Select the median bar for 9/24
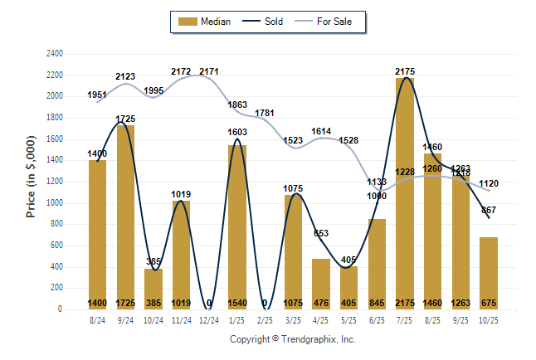126,216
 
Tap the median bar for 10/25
489,273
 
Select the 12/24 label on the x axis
210,319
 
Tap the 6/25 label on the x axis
377,319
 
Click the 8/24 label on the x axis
98,319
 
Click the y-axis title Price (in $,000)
31,179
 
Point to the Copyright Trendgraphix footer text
292,339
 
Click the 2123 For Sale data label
126,76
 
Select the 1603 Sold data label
238,132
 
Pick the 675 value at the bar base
489,303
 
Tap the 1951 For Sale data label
98,95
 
